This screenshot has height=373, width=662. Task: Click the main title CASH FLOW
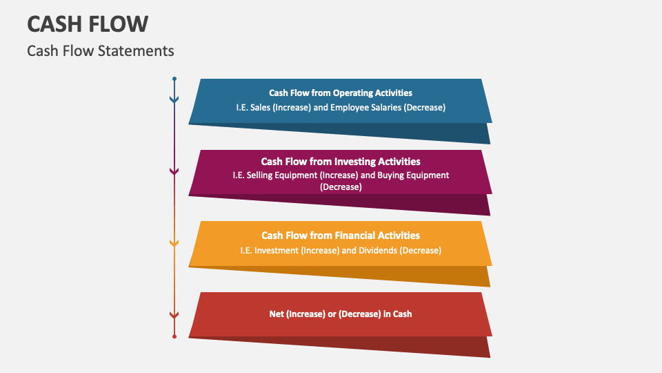tap(88, 24)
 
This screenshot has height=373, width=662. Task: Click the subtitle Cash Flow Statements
tap(101, 51)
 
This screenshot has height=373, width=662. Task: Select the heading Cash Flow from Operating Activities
tap(341, 93)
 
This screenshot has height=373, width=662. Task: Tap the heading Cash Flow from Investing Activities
tap(341, 162)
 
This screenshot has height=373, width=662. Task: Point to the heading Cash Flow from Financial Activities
tap(341, 236)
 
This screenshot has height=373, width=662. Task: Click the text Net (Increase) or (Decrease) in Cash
tap(341, 314)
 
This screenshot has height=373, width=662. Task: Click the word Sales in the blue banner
tap(264, 108)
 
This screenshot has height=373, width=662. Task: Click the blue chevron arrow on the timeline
tap(174, 100)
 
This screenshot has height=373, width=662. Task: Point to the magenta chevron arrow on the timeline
tap(174, 171)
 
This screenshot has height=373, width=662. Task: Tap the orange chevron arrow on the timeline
tap(174, 243)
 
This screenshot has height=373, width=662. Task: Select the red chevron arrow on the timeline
tap(174, 315)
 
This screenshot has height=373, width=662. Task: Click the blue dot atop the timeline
tap(174, 79)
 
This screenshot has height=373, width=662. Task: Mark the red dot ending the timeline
tap(174, 336)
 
